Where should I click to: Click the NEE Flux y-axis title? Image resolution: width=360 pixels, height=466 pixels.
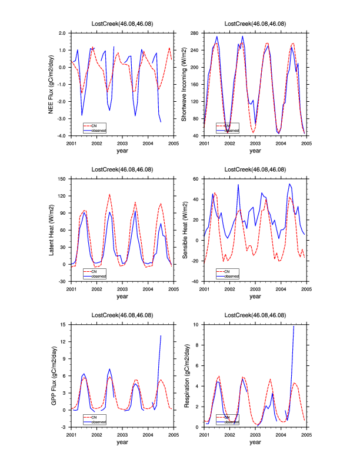pos(52,84)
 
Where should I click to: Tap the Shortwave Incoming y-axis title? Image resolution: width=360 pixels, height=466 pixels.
pos(184,84)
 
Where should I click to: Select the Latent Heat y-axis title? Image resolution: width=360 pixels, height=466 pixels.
pos(52,229)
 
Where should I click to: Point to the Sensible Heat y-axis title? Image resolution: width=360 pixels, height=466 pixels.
pos(184,229)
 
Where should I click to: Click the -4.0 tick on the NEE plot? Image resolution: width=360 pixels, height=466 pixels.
pos(61,136)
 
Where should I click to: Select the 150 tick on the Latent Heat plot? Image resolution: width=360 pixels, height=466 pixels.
pos(62,178)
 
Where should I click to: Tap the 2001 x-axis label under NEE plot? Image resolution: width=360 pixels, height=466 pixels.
pos(71,143)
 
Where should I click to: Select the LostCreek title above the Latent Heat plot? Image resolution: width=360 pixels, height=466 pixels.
pos(122,169)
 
